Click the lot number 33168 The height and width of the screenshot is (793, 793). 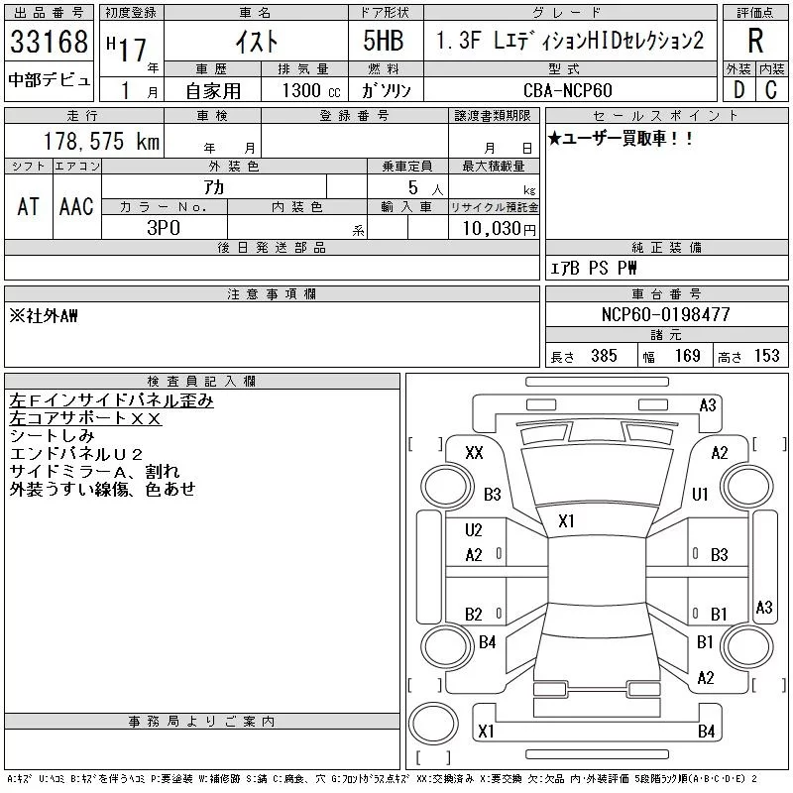pyautogui.click(x=50, y=43)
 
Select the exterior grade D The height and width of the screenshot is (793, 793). pyautogui.click(x=738, y=90)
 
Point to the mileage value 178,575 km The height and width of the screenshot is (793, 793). pyautogui.click(x=101, y=142)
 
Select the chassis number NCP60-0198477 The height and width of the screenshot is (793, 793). pyautogui.click(x=665, y=314)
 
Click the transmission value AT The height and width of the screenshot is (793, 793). pyautogui.click(x=29, y=205)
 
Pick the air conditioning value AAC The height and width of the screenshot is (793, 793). pyautogui.click(x=76, y=205)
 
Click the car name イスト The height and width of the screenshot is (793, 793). pyautogui.click(x=261, y=42)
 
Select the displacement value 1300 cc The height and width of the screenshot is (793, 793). pyautogui.click(x=303, y=90)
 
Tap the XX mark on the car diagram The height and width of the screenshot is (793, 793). pyautogui.click(x=474, y=453)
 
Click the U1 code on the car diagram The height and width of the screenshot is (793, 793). pyautogui.click(x=700, y=494)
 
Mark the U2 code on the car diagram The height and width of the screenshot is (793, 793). pyautogui.click(x=474, y=530)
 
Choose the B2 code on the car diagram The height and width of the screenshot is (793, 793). pyautogui.click(x=474, y=614)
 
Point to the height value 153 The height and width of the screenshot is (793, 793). pyautogui.click(x=766, y=356)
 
